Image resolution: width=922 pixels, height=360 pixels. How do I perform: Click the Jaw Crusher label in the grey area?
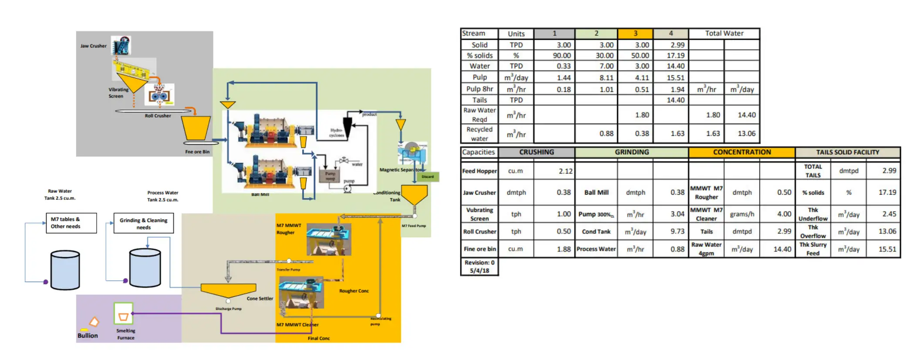click(93, 46)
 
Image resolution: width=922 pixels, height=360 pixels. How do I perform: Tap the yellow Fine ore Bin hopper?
click(196, 128)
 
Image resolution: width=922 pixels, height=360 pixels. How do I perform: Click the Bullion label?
click(88, 336)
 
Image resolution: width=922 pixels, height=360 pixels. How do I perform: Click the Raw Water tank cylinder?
click(65, 270)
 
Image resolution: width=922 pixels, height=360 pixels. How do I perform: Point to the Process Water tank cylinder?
click(145, 268)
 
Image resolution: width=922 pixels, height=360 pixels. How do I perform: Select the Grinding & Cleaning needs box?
click(143, 223)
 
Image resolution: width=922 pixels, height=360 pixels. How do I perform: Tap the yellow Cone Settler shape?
click(228, 290)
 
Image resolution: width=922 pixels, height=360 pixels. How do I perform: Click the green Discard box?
click(428, 177)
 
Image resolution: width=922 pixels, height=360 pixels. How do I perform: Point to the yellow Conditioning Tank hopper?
click(414, 194)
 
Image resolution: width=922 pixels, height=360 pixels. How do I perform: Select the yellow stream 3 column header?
click(635, 34)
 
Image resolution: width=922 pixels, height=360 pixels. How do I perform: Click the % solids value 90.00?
click(562, 56)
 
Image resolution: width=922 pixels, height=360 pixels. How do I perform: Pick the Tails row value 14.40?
click(675, 100)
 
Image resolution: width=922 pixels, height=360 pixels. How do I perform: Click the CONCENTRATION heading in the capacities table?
click(742, 152)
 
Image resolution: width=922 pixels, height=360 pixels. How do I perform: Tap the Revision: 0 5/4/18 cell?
click(479, 266)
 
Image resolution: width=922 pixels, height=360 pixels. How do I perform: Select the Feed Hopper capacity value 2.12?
click(565, 171)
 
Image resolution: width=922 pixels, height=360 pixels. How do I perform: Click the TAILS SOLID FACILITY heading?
click(847, 152)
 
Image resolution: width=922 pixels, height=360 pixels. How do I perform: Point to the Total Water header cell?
click(724, 34)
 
